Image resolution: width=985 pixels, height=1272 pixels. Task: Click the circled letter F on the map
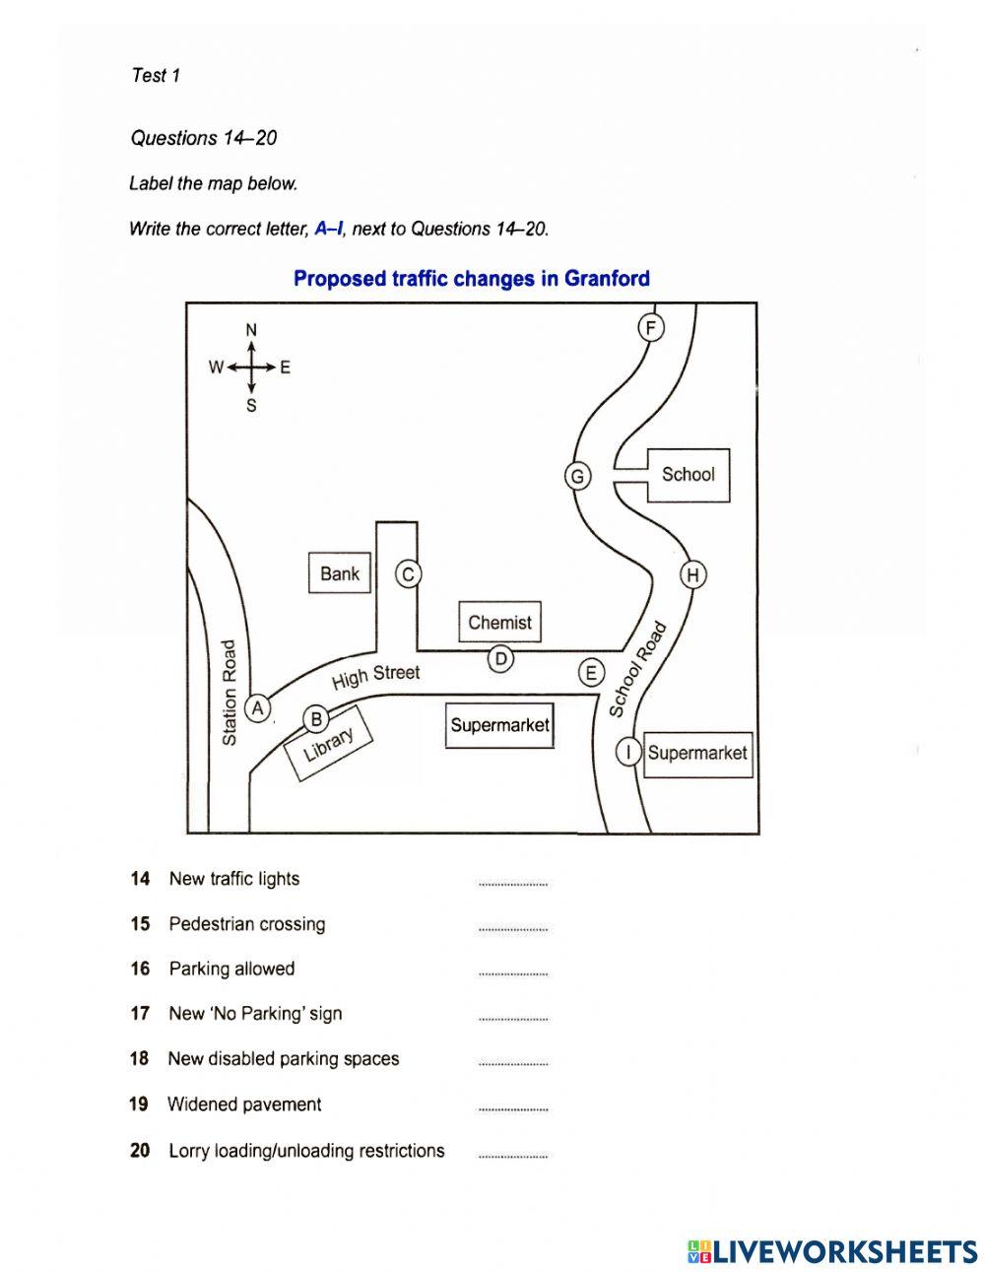(651, 327)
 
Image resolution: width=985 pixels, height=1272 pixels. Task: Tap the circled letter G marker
(577, 477)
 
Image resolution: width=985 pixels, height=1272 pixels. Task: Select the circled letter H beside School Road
(693, 574)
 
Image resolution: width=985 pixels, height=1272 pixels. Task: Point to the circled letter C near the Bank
(408, 574)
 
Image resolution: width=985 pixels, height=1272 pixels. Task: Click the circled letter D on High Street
(501, 658)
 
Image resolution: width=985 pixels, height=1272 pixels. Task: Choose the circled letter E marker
(591, 673)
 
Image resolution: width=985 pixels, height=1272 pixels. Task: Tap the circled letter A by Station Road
(258, 707)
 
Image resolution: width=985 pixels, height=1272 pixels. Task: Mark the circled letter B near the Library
(316, 719)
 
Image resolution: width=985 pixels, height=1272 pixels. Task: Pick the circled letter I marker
(628, 753)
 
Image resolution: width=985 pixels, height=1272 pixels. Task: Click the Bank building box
(340, 573)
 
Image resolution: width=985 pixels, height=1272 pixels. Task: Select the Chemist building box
(499, 623)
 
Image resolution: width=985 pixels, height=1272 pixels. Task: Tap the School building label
(688, 475)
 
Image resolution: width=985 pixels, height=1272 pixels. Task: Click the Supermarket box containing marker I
(698, 754)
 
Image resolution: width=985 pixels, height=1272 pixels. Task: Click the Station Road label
(230, 692)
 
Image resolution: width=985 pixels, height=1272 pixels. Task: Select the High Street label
(375, 676)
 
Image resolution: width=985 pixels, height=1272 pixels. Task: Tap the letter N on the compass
(251, 330)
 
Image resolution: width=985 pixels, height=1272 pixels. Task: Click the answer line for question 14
(512, 884)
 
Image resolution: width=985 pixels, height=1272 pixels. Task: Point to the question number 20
(140, 1150)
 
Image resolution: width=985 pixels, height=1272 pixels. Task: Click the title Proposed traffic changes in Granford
(472, 279)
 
